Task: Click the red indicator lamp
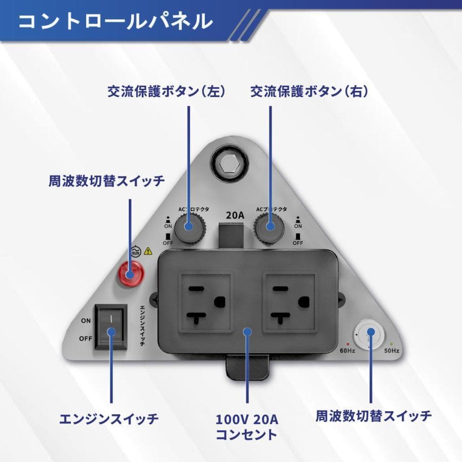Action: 130,273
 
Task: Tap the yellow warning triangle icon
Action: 148,251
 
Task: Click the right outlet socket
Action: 289,302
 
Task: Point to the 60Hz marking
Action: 348,351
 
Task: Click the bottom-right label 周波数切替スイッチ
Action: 374,415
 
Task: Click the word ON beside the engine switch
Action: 86,320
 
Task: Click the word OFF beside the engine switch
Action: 86,339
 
